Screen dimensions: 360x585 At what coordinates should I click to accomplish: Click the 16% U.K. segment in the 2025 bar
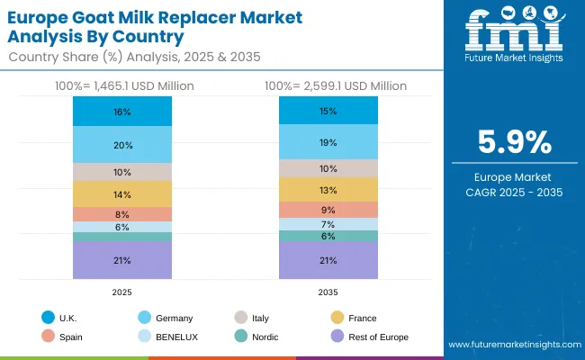point(122,112)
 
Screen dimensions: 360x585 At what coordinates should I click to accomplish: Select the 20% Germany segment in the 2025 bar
point(122,145)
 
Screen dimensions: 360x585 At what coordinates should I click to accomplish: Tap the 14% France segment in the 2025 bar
point(122,194)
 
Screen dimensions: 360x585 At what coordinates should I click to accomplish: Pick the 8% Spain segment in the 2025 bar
point(122,214)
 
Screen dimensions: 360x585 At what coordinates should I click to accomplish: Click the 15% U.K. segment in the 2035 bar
point(328,111)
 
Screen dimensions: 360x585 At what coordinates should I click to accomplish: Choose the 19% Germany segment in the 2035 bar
point(328,142)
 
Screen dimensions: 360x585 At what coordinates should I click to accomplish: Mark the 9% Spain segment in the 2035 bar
point(328,210)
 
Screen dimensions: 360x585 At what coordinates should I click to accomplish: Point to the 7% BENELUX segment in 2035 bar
point(328,224)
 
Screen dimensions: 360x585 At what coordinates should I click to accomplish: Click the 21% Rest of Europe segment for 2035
point(328,260)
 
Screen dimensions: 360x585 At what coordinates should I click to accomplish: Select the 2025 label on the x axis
point(122,292)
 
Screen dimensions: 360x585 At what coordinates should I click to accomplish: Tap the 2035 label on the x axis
point(328,292)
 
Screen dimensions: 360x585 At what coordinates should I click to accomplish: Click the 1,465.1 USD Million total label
point(122,86)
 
